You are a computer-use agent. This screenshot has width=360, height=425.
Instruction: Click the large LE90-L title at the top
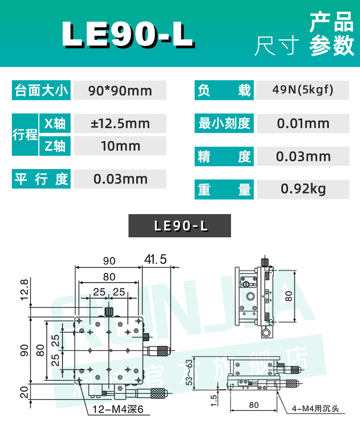tap(128, 34)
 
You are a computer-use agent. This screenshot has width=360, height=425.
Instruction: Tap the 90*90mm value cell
tap(119, 91)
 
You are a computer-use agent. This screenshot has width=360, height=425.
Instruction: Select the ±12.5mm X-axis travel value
tap(119, 123)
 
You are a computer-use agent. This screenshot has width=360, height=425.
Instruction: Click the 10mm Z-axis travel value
tap(119, 146)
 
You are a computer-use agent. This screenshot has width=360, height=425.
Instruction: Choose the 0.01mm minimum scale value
tap(303, 123)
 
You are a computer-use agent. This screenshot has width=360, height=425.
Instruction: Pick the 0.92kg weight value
tap(303, 189)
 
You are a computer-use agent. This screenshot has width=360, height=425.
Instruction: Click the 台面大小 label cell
tap(41, 91)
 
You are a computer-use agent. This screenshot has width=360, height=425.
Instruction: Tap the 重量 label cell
tap(224, 189)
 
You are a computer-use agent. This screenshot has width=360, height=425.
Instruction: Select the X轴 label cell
tap(55, 123)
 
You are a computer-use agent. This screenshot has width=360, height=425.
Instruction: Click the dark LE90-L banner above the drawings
tap(180, 225)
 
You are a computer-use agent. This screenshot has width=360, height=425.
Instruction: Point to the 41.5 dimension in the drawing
tap(155, 260)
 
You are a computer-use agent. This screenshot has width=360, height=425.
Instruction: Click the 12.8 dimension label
tap(24, 290)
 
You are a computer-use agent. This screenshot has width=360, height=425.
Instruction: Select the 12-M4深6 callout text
tap(118, 410)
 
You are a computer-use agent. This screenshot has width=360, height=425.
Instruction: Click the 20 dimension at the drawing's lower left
tap(24, 391)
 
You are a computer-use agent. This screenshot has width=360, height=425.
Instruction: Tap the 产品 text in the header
tap(332, 22)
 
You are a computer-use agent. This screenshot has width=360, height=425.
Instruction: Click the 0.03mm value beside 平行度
tap(119, 179)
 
